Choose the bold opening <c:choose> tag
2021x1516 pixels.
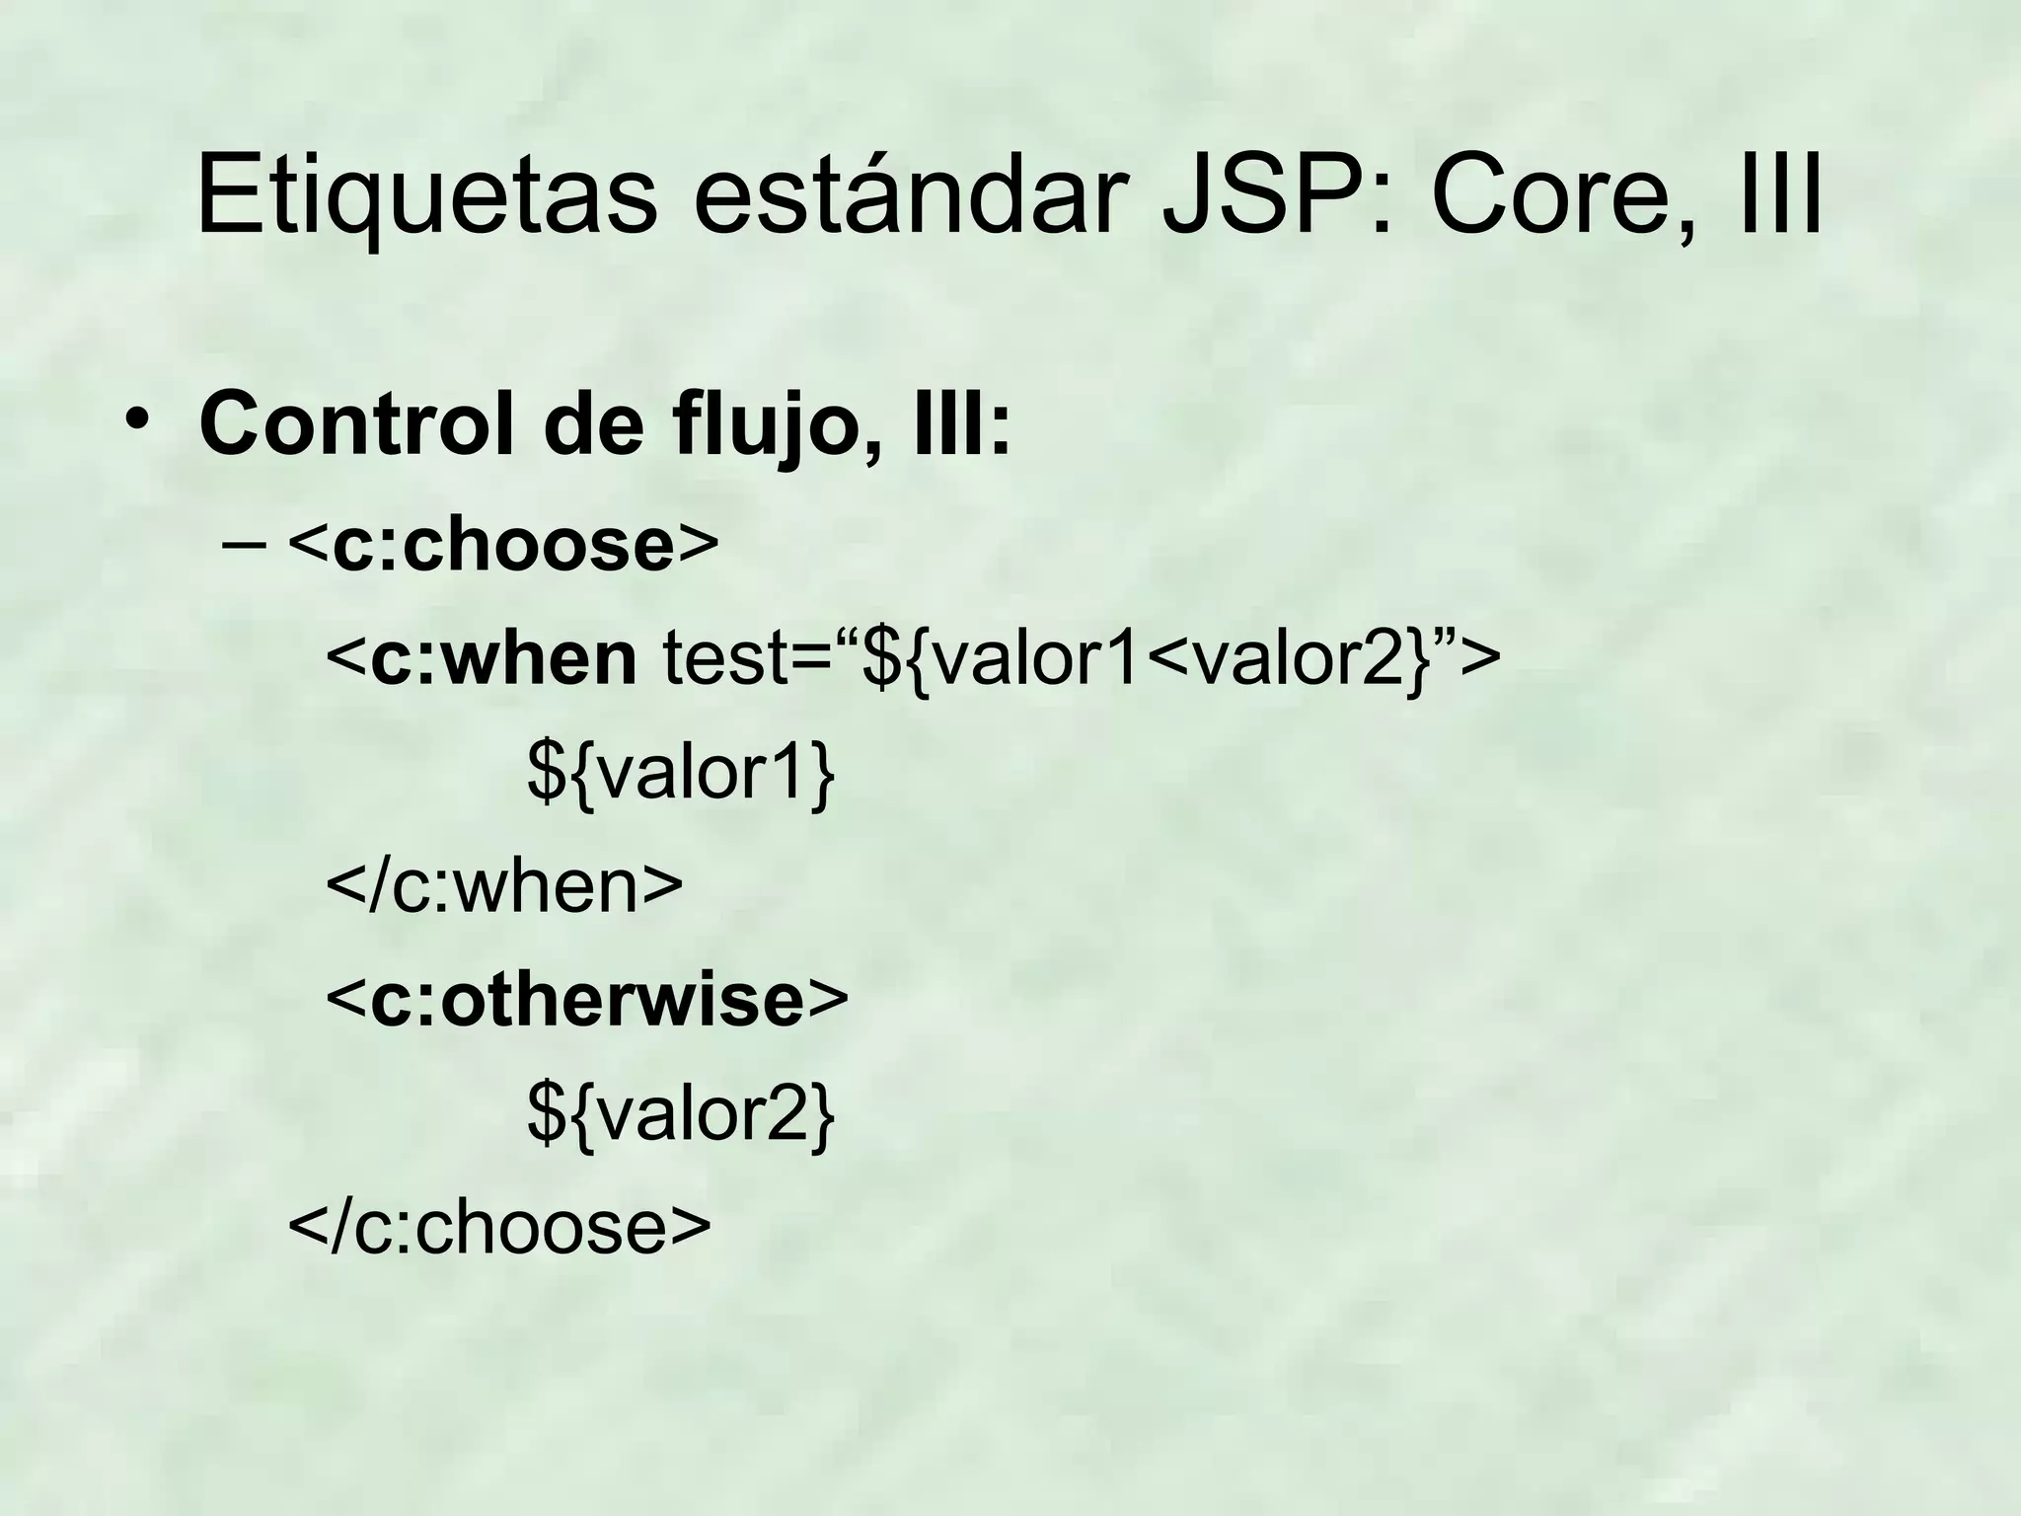point(504,545)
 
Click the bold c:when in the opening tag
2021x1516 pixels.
point(503,658)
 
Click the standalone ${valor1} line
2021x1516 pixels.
point(681,773)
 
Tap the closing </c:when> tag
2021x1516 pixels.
point(504,886)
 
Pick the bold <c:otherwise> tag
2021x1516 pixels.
point(587,1000)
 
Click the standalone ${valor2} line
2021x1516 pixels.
point(681,1113)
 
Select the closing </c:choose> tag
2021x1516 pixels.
point(499,1227)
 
